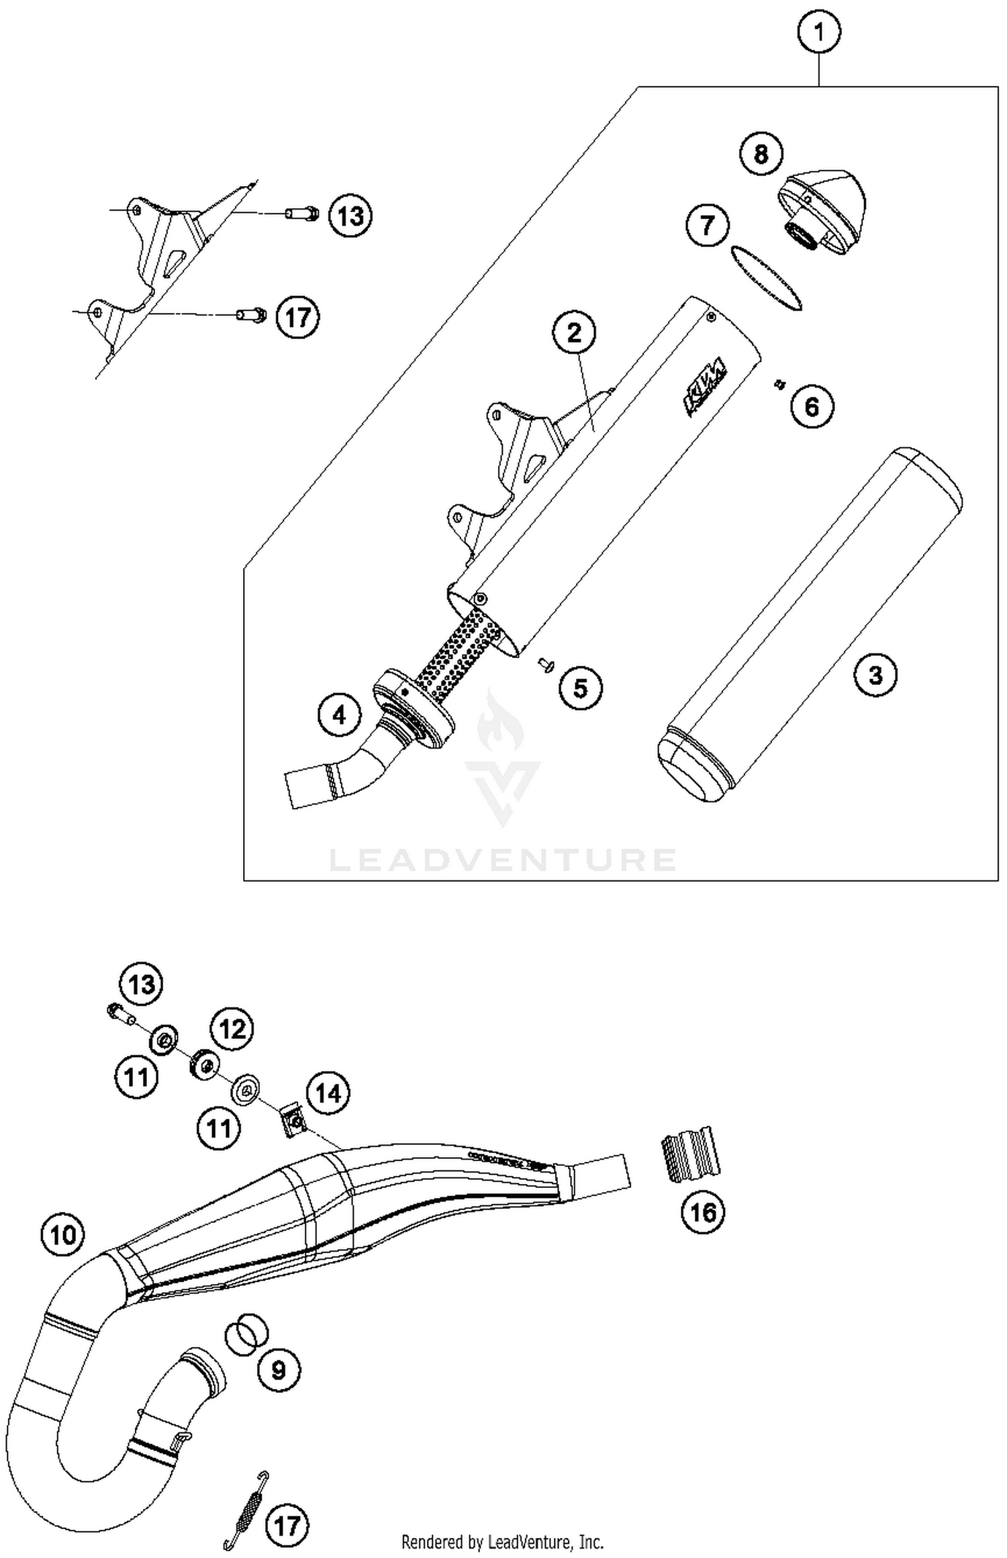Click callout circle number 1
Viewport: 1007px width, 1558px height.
pyautogui.click(x=819, y=32)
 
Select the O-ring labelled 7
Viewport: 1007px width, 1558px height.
pyautogui.click(x=765, y=278)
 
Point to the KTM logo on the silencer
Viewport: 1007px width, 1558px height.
pyautogui.click(x=705, y=387)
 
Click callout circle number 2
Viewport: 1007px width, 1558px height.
pyautogui.click(x=574, y=332)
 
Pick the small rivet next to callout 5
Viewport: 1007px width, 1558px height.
pyautogui.click(x=545, y=664)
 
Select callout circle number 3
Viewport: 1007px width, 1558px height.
pyautogui.click(x=875, y=674)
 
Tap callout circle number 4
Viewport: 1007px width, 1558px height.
pyautogui.click(x=340, y=715)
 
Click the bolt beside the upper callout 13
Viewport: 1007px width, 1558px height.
pyautogui.click(x=301, y=215)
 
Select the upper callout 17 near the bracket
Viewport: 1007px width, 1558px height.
pyautogui.click(x=298, y=316)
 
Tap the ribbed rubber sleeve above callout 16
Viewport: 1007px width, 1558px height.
pyautogui.click(x=689, y=1154)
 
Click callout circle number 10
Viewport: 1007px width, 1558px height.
pyautogui.click(x=63, y=1234)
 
